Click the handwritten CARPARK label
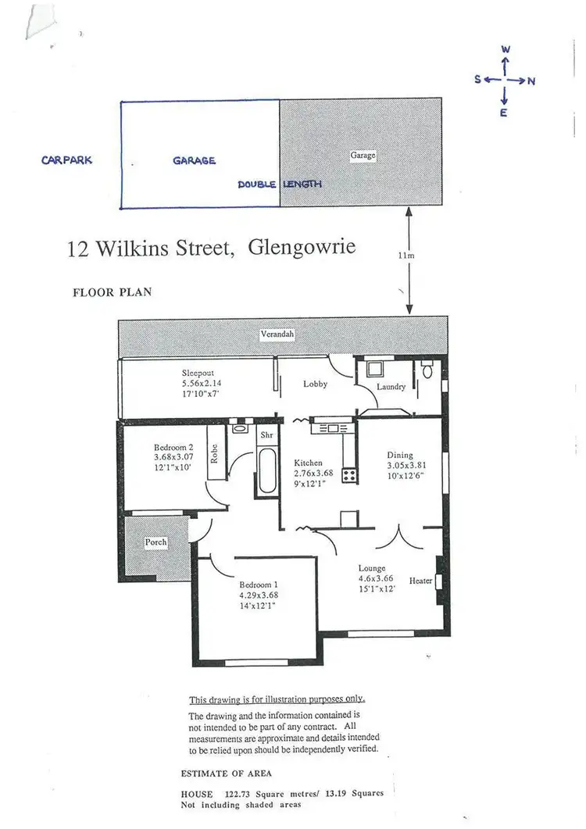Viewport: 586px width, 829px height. [66, 160]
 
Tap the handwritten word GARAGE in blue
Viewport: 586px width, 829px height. [194, 160]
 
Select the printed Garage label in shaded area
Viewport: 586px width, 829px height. [363, 155]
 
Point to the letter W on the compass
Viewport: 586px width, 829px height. [506, 49]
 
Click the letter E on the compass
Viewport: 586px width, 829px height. [504, 113]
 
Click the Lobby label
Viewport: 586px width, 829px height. [315, 384]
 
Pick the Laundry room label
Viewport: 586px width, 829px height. [390, 387]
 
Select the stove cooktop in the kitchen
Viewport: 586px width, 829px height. [348, 474]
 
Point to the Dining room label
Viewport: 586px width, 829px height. [400, 455]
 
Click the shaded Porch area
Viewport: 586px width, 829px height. [156, 544]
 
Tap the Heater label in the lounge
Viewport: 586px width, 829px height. [420, 581]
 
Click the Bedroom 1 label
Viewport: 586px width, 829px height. [259, 584]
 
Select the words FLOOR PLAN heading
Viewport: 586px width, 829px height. [112, 293]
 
